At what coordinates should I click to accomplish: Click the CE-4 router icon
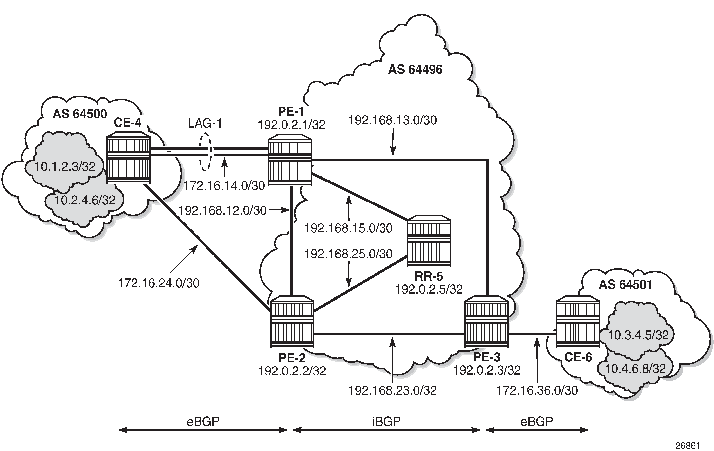tap(128, 160)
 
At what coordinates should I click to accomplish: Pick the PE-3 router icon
tap(486, 322)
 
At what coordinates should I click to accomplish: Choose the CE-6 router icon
tap(578, 322)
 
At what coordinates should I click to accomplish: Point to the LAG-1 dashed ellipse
tap(205, 152)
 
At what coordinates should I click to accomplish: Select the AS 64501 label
tap(626, 284)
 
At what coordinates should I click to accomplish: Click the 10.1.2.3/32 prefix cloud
tap(65, 167)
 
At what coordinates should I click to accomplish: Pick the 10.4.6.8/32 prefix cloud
tap(635, 369)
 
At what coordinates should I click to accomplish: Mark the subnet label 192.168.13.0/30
tap(392, 120)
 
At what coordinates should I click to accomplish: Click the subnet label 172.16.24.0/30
tap(159, 283)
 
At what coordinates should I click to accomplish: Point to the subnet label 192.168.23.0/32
tap(392, 391)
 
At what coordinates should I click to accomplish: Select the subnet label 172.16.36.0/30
tap(537, 391)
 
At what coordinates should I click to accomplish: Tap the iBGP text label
tap(386, 421)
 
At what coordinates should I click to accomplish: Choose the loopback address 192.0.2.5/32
tap(429, 289)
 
